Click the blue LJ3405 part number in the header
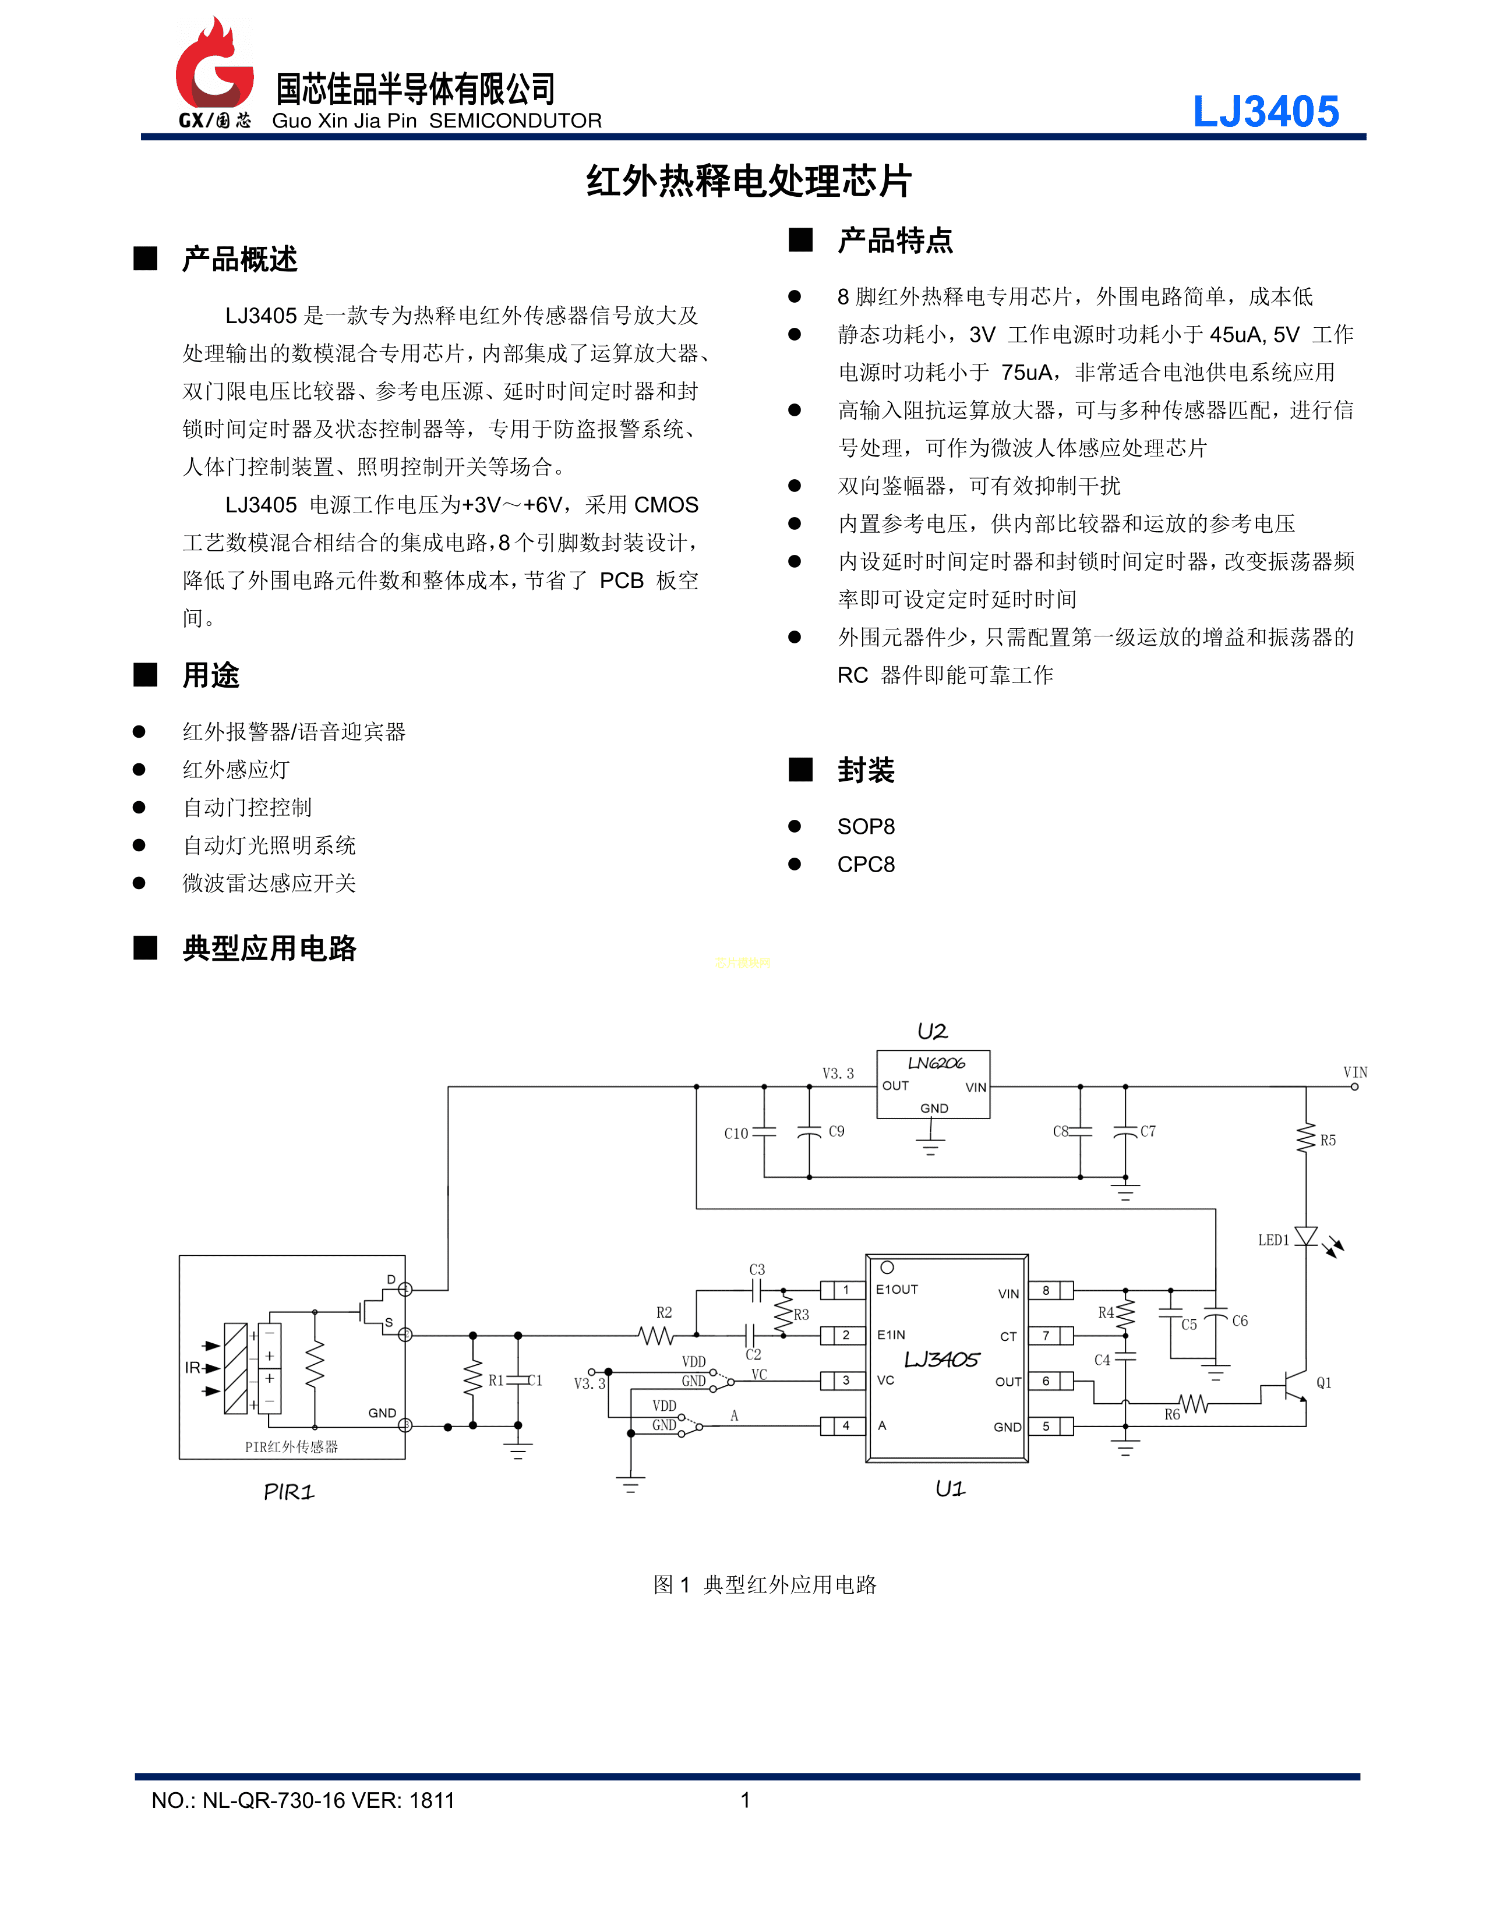[x=1265, y=112]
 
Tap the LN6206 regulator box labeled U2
[x=933, y=1084]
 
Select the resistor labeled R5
[x=1307, y=1138]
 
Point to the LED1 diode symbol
[x=1307, y=1237]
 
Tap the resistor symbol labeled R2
[x=656, y=1335]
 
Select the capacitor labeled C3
[x=756, y=1290]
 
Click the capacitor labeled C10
[x=764, y=1132]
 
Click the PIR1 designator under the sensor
[x=289, y=1492]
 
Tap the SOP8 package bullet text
[x=866, y=826]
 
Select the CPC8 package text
[x=866, y=864]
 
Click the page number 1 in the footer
[x=745, y=1800]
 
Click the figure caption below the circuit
[x=764, y=1585]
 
